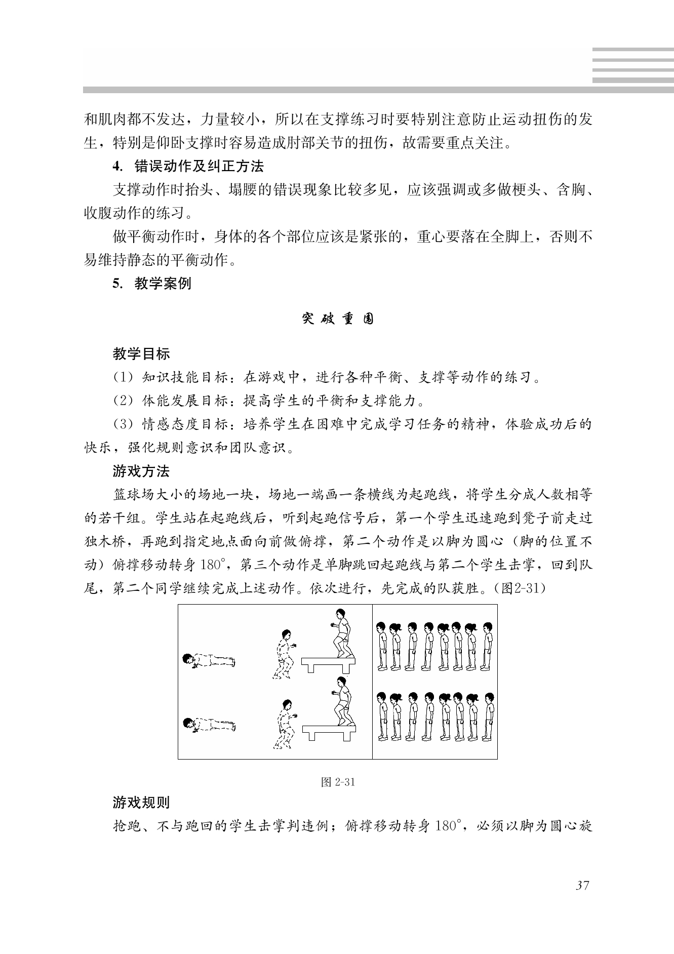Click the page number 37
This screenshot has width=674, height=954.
pyautogui.click(x=582, y=886)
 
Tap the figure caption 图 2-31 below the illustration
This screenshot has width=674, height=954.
pyautogui.click(x=338, y=782)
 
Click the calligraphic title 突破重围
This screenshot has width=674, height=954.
pyautogui.click(x=338, y=319)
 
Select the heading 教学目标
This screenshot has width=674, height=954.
pyautogui.click(x=141, y=354)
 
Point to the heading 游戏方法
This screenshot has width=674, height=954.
pyautogui.click(x=141, y=471)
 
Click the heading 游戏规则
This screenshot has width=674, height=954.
pyautogui.click(x=141, y=803)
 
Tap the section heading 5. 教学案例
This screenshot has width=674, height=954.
pyautogui.click(x=152, y=284)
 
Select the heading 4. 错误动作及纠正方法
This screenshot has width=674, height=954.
pyautogui.click(x=188, y=166)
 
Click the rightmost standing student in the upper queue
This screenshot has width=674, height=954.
pyautogui.click(x=487, y=646)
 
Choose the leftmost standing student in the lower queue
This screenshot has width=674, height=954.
pyautogui.click(x=382, y=716)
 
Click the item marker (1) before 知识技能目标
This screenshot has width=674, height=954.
pyautogui.click(x=122, y=378)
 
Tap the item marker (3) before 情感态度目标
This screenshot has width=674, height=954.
pyautogui.click(x=122, y=424)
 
